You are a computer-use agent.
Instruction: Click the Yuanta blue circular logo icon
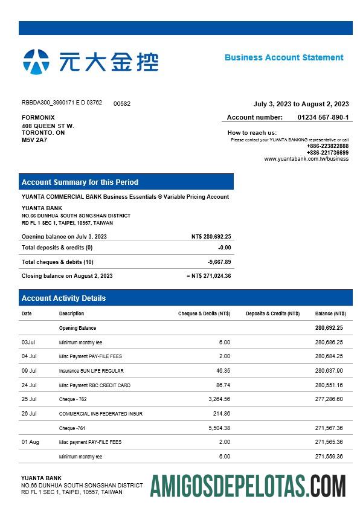(36, 62)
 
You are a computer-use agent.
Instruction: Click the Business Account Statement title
(284, 57)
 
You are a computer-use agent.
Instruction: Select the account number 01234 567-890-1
(323, 117)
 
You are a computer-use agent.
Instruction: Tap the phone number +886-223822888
(327, 146)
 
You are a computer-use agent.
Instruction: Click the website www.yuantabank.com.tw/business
(306, 159)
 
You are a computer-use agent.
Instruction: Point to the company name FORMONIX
(38, 117)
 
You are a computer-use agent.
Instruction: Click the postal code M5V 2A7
(34, 140)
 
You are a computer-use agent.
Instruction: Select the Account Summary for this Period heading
(80, 182)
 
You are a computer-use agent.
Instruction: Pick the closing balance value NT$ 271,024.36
(211, 276)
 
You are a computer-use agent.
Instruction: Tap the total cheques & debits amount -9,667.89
(219, 262)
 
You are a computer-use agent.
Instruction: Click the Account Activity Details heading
(63, 298)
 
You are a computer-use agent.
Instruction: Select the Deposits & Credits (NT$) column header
(272, 313)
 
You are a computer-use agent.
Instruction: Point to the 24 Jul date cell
(29, 385)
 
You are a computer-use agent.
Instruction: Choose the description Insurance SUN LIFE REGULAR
(91, 371)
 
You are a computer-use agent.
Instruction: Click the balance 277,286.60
(329, 399)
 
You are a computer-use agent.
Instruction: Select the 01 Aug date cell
(30, 442)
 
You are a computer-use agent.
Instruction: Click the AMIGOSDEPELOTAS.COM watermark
(248, 486)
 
